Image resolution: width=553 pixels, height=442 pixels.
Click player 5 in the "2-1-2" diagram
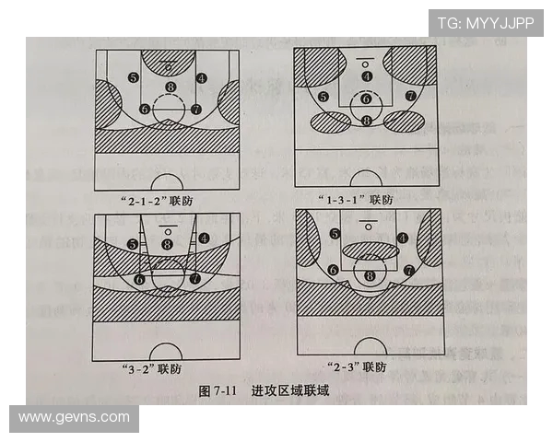(135, 78)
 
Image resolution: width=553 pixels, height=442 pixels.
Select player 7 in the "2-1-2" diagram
(195, 109)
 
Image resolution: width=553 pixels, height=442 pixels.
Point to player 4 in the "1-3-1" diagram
(367, 76)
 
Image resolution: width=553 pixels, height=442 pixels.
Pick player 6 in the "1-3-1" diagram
(366, 99)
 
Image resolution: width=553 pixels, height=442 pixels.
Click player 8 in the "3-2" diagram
(167, 244)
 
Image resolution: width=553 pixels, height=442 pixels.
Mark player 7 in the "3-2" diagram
(194, 277)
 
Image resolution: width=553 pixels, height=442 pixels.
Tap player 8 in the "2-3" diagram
(370, 275)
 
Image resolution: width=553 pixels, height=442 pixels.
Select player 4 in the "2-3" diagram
(403, 238)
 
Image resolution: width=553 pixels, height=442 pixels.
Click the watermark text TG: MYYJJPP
(485, 23)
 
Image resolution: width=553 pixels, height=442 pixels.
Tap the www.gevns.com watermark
(75, 417)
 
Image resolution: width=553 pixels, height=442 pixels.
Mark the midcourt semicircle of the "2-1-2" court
(167, 183)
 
